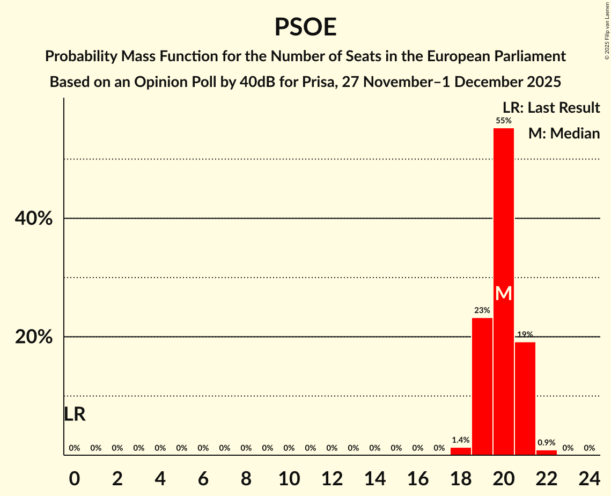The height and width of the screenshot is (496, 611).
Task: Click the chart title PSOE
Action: (x=305, y=27)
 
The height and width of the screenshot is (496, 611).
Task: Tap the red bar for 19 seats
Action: (x=482, y=386)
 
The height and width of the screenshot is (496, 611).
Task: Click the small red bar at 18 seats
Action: (x=461, y=451)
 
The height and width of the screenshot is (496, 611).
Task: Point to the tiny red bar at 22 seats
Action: (x=547, y=453)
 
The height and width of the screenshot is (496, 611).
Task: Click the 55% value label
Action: (x=504, y=121)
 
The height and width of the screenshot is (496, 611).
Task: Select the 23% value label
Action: (x=482, y=310)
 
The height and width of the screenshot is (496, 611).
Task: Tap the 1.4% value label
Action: (x=461, y=440)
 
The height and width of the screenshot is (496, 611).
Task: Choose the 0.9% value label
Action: (x=547, y=443)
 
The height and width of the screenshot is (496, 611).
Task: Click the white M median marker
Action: (x=504, y=293)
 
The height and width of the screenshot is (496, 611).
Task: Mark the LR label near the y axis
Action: (x=75, y=414)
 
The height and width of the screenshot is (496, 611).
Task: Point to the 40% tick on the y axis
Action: (x=33, y=218)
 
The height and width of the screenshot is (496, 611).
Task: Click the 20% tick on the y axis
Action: (x=33, y=337)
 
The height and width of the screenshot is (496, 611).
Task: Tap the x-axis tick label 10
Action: (x=289, y=477)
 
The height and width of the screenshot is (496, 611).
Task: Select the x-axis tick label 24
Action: (x=589, y=477)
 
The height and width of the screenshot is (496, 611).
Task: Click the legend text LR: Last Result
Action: (x=551, y=108)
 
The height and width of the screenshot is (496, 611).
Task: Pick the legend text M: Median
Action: (x=564, y=133)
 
